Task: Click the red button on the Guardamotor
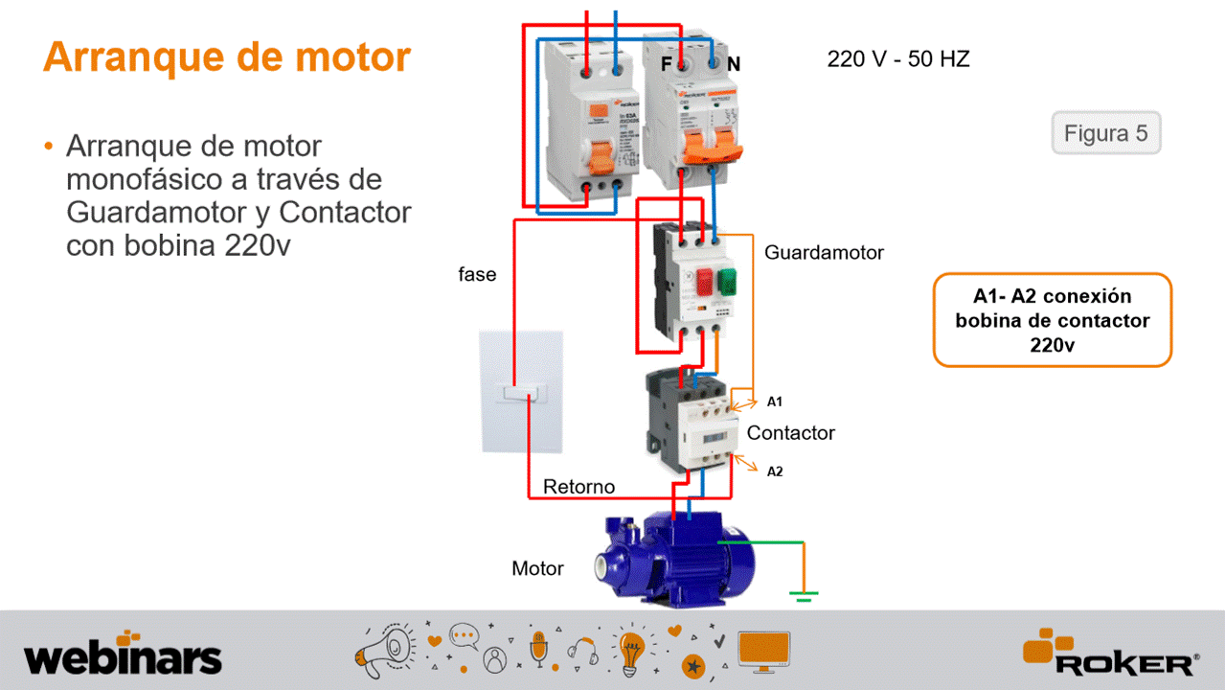705,281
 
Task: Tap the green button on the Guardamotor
727,281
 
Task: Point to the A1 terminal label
774,402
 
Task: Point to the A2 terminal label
774,471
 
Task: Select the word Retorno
578,487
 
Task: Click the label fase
477,275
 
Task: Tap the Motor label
537,568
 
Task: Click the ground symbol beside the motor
804,596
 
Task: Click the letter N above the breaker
734,64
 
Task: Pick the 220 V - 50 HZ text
897,59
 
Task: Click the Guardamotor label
824,253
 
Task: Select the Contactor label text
790,433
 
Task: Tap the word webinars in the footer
123,658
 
